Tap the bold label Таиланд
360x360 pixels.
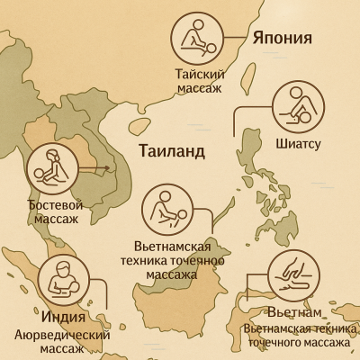coord(172,149)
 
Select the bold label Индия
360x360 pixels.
coord(63,317)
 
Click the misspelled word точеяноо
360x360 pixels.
coord(203,260)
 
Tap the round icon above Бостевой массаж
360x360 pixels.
coord(54,168)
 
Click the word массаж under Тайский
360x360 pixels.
coord(196,88)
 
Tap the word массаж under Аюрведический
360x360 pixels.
coord(62,348)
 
